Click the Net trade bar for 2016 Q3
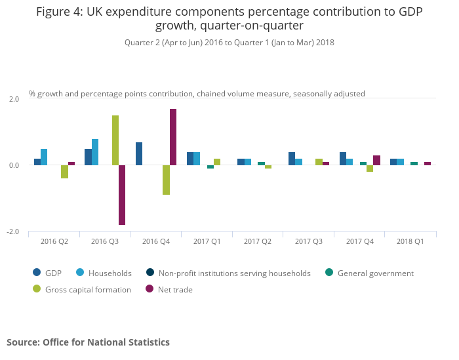coord(122,195)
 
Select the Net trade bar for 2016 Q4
coord(173,137)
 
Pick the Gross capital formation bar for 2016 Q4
coord(167,180)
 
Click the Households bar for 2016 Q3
coord(95,152)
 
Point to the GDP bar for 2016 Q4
coord(139,153)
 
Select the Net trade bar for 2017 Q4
coord(376,160)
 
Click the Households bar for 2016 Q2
coord(44,157)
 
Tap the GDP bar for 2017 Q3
coord(292,159)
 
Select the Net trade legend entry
coord(173,289)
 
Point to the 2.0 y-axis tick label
coord(14,99)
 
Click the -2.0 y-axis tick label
coord(12,232)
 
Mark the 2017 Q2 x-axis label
coord(258,241)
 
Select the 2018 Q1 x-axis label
coord(410,241)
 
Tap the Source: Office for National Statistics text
coord(88,342)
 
